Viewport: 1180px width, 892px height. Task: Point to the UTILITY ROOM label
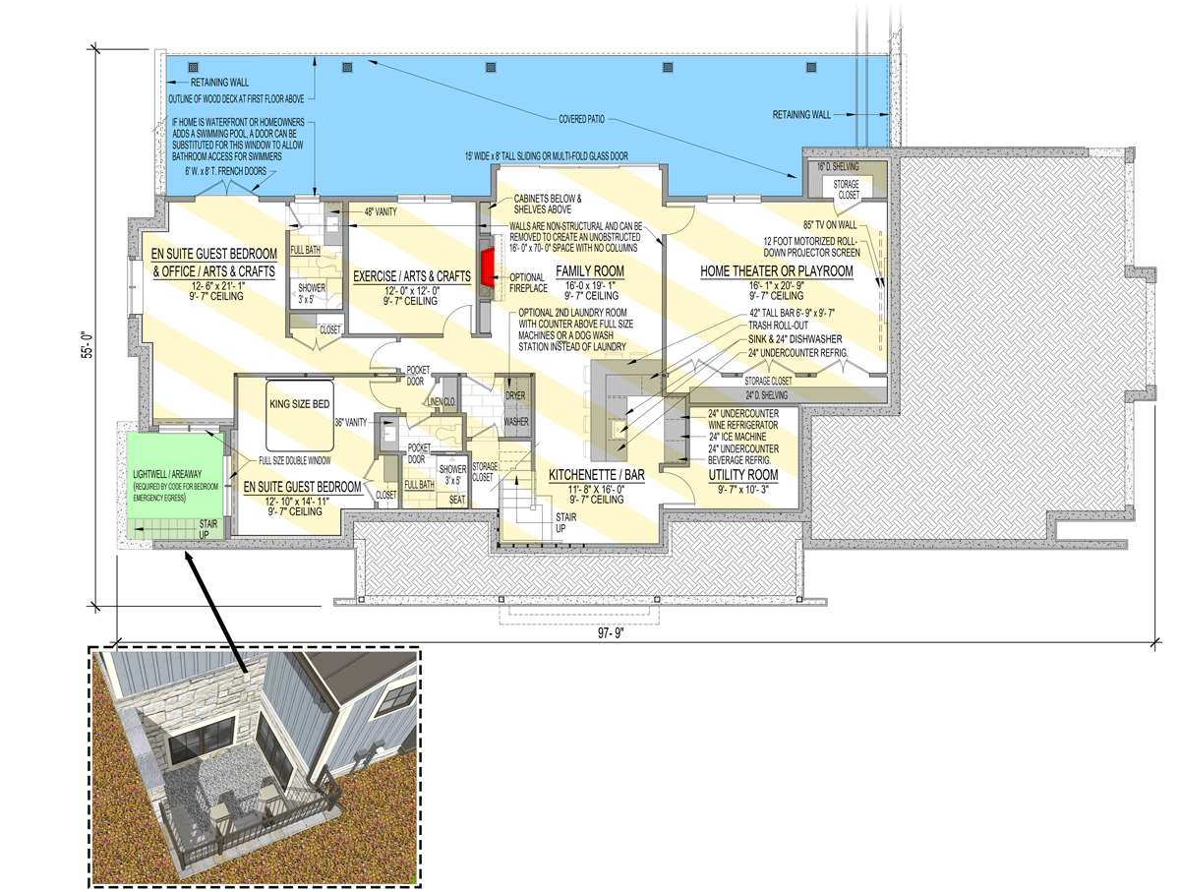[x=743, y=475]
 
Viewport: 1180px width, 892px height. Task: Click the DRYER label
[x=515, y=394]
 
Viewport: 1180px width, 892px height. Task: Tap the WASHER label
[x=516, y=421]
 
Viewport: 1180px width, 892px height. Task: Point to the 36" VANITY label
[x=349, y=422]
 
